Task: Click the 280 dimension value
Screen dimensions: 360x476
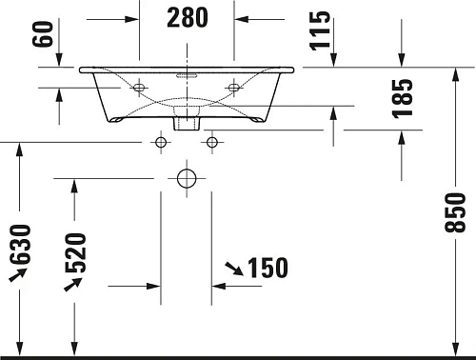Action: coord(187,17)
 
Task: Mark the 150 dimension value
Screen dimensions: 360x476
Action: coord(267,269)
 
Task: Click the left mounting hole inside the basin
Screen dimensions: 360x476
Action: coord(141,89)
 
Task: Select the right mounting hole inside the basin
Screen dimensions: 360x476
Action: coord(232,89)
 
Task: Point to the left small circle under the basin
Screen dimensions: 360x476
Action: coord(160,142)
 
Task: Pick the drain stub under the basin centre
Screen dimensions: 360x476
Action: coord(187,121)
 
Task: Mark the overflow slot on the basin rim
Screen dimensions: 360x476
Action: coord(187,72)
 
